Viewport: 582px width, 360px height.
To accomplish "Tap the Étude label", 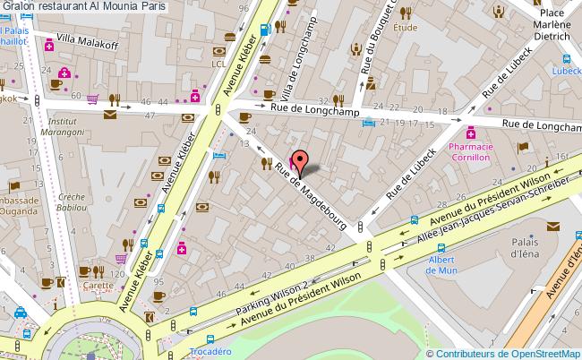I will pos(406,28).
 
